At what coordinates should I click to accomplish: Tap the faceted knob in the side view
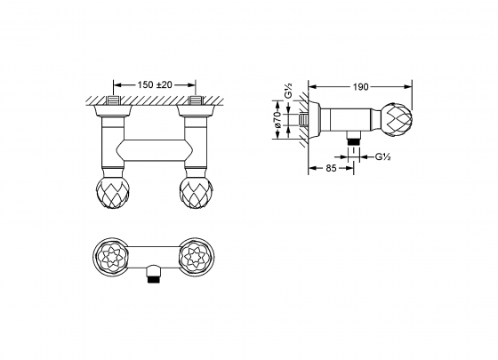(x=397, y=118)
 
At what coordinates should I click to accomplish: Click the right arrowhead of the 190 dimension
(x=410, y=87)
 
